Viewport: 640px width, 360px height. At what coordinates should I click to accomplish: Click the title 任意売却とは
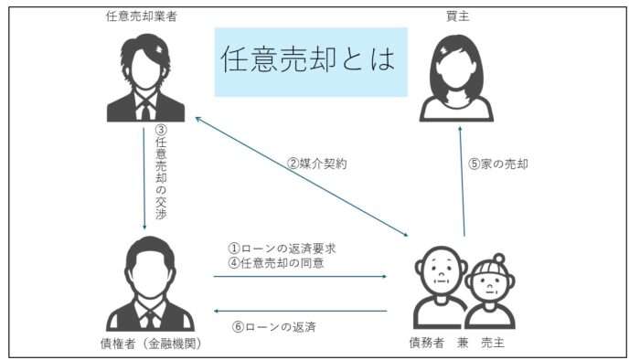coord(309,61)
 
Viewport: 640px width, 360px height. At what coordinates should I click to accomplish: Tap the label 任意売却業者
coord(144,16)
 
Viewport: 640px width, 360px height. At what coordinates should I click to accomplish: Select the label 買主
coord(456,16)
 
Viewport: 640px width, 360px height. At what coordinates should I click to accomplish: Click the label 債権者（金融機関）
coord(150,344)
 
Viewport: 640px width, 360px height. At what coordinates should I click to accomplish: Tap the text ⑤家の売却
coord(498,164)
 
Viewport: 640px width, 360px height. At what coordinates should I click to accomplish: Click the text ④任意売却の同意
coord(276,263)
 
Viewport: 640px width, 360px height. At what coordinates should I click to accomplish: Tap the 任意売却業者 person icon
coord(145,78)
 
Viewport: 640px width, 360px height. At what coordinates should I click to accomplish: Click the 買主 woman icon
coord(456,78)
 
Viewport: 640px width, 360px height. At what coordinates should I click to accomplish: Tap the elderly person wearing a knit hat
coord(489,291)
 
